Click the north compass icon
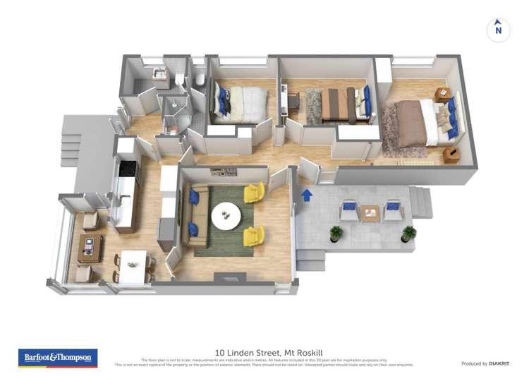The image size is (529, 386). [x=498, y=30]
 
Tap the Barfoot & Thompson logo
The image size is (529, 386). [x=59, y=358]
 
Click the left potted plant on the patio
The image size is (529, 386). [x=336, y=233]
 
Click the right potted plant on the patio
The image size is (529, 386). [x=408, y=233]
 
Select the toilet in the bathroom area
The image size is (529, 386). [x=200, y=80]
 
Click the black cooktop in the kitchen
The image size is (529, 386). [x=128, y=168]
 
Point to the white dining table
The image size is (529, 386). [x=133, y=265]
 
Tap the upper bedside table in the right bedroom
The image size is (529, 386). [x=442, y=95]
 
